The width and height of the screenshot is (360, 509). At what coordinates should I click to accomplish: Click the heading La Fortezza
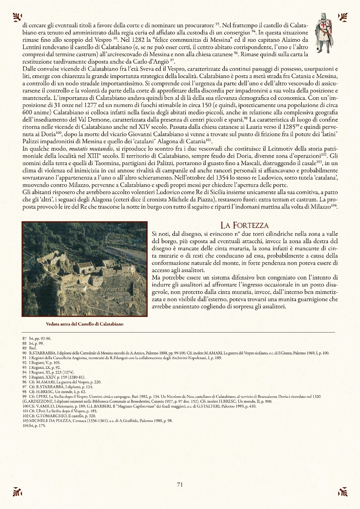(x=244, y=225)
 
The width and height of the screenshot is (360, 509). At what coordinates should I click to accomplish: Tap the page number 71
(x=180, y=484)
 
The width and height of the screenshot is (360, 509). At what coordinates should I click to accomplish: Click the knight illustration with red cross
(x=324, y=33)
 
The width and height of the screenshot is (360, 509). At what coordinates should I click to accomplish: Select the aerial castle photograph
(x=85, y=269)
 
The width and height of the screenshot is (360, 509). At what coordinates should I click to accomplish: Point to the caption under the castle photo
(x=85, y=324)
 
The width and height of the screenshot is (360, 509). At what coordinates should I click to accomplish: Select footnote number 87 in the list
(x=25, y=338)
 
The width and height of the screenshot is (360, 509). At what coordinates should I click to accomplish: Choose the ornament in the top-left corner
(x=17, y=16)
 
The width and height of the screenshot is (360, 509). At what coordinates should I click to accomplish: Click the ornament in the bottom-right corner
(x=342, y=492)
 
